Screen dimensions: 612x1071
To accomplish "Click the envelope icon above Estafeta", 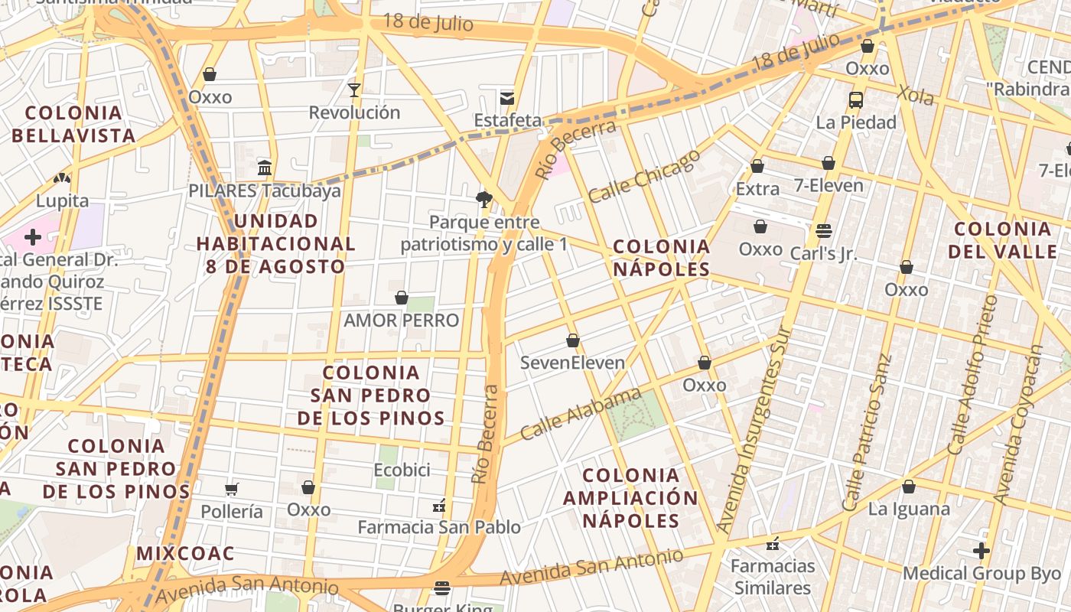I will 506,98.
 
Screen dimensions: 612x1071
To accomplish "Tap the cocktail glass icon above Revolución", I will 353,90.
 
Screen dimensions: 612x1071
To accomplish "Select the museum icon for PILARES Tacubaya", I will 265,168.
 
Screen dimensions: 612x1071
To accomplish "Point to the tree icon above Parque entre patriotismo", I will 483,200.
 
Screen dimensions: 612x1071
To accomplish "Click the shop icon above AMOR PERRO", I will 401,298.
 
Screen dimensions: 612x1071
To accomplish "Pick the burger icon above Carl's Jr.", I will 823,230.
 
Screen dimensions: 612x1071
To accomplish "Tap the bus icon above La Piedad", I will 855,99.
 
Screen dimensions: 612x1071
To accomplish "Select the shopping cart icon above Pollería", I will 232,489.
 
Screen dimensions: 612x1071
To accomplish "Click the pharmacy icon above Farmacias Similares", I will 772,544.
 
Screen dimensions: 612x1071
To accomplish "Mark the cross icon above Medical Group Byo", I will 981,550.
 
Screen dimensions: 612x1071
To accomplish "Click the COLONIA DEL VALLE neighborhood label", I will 1002,240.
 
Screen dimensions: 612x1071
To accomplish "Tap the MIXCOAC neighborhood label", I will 185,553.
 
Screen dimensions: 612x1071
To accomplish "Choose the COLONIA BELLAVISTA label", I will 73,125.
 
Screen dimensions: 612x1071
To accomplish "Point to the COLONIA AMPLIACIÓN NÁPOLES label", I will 630,498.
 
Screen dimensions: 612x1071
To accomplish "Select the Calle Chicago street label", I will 644,176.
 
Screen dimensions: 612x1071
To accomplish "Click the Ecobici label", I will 402,470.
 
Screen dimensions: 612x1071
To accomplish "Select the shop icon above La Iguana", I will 908,487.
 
